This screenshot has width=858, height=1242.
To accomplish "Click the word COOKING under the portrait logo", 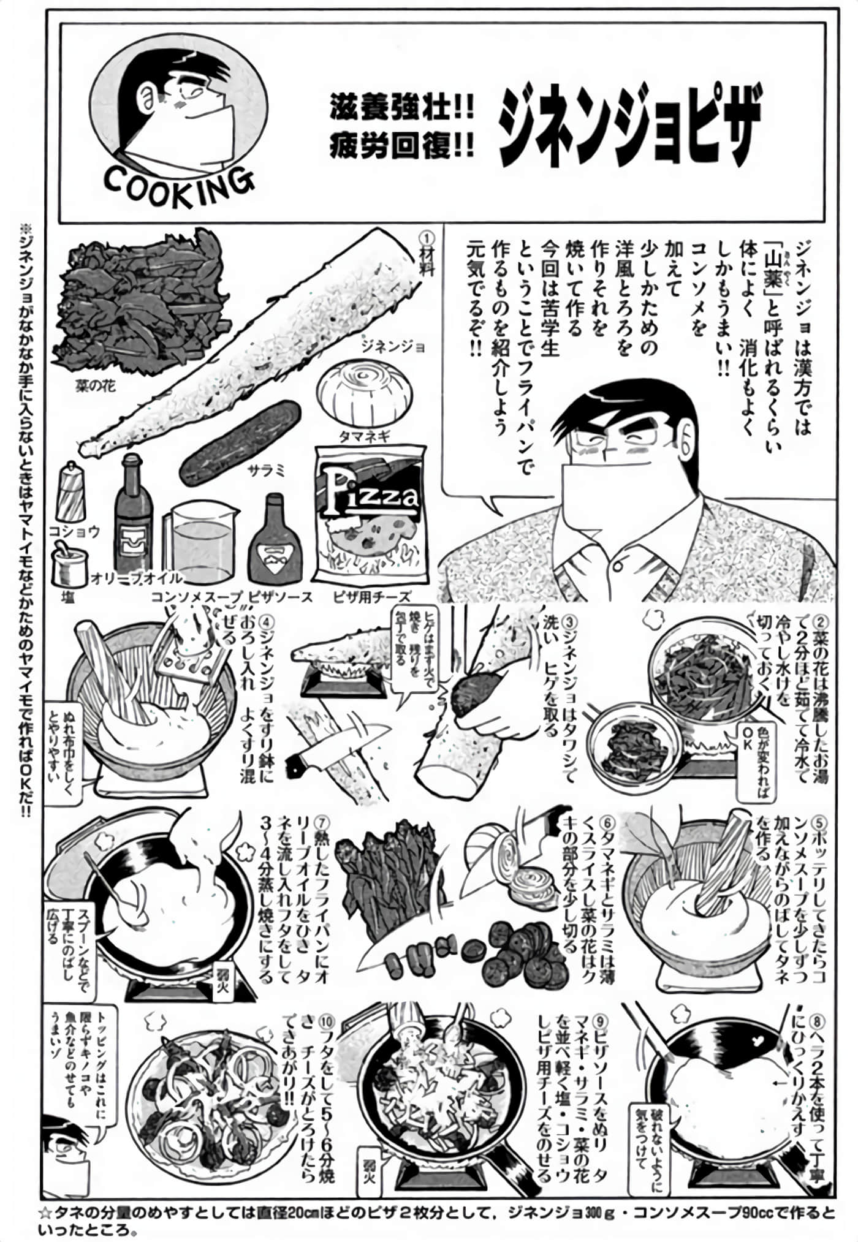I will tap(178, 181).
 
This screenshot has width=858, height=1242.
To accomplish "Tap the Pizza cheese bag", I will tap(370, 515).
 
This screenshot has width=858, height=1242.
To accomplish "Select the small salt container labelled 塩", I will tap(68, 567).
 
